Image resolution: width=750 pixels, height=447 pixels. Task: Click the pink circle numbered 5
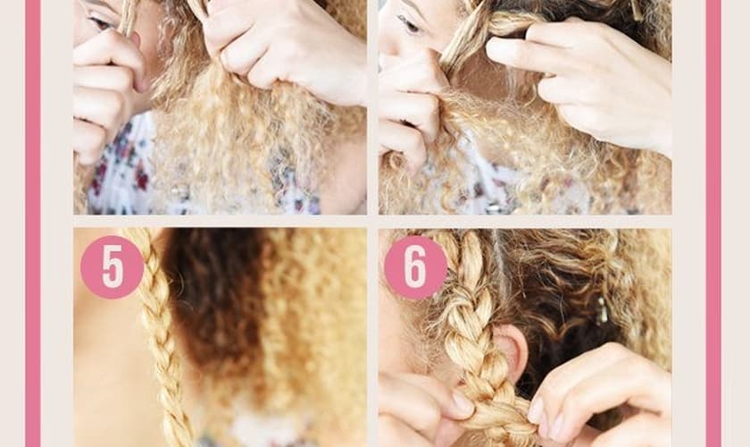click(x=112, y=266)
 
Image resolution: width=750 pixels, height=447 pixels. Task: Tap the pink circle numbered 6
click(x=415, y=267)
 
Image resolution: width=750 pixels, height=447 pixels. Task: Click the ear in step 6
click(x=510, y=350)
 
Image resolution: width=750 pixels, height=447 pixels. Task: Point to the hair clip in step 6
click(x=601, y=310)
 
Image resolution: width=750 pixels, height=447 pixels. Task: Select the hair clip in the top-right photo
click(x=637, y=11)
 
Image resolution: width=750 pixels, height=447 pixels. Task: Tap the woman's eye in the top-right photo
click(x=409, y=23)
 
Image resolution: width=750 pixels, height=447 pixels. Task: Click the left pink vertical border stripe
click(x=33, y=223)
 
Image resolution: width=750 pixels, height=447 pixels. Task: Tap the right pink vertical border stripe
click(x=712, y=223)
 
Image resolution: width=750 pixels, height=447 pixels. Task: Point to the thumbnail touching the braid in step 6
click(x=462, y=402)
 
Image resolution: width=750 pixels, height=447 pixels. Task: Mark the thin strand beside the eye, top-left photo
click(x=127, y=17)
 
